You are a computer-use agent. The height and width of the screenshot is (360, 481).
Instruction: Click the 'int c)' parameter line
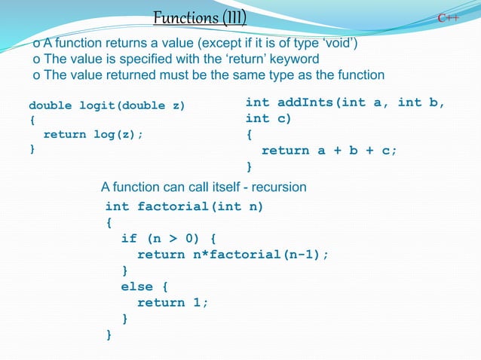pyautogui.click(x=268, y=118)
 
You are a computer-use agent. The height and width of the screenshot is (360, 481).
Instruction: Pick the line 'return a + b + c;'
pyautogui.click(x=329, y=150)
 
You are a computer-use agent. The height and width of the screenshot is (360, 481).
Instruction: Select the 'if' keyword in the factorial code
pyautogui.click(x=129, y=239)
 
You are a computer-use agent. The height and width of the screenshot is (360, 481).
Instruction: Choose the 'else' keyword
pyautogui.click(x=136, y=286)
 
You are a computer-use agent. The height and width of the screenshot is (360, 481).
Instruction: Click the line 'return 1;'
pyautogui.click(x=172, y=302)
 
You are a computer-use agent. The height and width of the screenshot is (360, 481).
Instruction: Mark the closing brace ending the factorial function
pyautogui.click(x=109, y=334)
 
